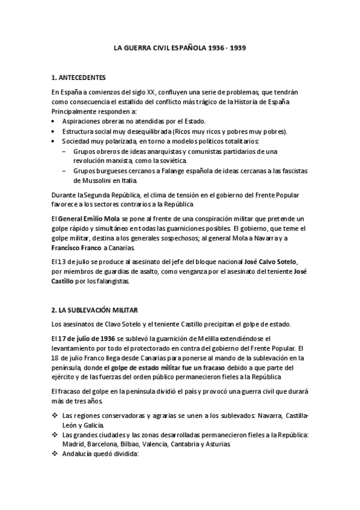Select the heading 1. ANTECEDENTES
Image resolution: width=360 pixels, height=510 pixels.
tap(79, 78)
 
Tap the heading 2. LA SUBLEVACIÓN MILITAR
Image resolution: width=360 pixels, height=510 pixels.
tap(94, 310)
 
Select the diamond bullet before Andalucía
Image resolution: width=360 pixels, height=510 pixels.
tap(55, 454)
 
